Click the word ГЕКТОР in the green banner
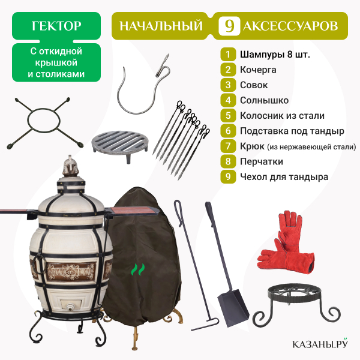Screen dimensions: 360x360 pyautogui.click(x=56, y=26)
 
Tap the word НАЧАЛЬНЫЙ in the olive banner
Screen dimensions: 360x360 pyautogui.click(x=161, y=26)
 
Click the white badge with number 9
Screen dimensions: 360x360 pyautogui.click(x=229, y=26)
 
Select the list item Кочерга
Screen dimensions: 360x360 pyautogui.click(x=258, y=70)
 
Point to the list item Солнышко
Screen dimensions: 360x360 pyautogui.click(x=264, y=100)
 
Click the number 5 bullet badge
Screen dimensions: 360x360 pyautogui.click(x=228, y=115)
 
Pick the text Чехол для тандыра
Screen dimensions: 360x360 pyautogui.click(x=284, y=177)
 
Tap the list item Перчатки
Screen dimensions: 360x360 pyautogui.click(x=262, y=161)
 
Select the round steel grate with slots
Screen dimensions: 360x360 pyautogui.click(x=120, y=143)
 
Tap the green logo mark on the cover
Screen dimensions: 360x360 pyautogui.click(x=138, y=269)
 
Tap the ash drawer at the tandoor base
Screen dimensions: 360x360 pyautogui.click(x=70, y=305)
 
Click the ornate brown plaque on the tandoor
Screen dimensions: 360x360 pyautogui.click(x=71, y=272)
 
